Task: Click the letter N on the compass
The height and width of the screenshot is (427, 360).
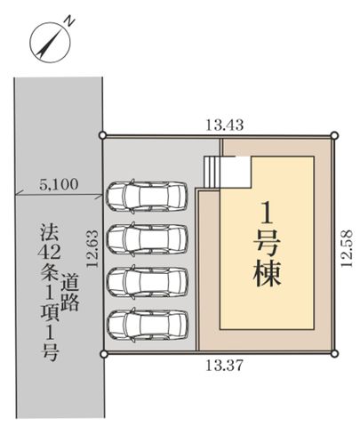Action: (x=70, y=21)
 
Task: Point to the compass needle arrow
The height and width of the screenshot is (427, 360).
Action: (x=50, y=42)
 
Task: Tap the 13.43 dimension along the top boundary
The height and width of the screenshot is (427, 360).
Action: (x=225, y=125)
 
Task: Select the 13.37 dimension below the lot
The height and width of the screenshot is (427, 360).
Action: (x=225, y=366)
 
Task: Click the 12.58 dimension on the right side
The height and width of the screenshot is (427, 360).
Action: (x=347, y=248)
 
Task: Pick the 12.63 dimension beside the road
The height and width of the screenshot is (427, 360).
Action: (x=92, y=249)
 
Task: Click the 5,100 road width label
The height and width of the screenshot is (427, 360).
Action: (x=59, y=184)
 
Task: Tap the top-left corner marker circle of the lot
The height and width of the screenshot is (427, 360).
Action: (x=102, y=135)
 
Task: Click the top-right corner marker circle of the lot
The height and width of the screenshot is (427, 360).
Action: (x=334, y=135)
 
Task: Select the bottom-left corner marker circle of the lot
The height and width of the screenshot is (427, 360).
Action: (x=104, y=353)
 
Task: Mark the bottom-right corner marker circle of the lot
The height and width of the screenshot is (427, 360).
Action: (x=334, y=353)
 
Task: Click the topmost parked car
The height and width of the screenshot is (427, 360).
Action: (x=148, y=197)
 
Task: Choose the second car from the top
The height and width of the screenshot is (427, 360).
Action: (x=148, y=239)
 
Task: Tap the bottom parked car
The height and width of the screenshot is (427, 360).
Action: (x=148, y=325)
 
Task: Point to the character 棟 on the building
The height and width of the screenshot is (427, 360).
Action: (x=267, y=273)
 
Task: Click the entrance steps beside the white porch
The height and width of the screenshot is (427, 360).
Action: (x=212, y=172)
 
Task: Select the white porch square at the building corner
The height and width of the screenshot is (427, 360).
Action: (x=236, y=172)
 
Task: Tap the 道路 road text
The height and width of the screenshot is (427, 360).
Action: (x=70, y=293)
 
